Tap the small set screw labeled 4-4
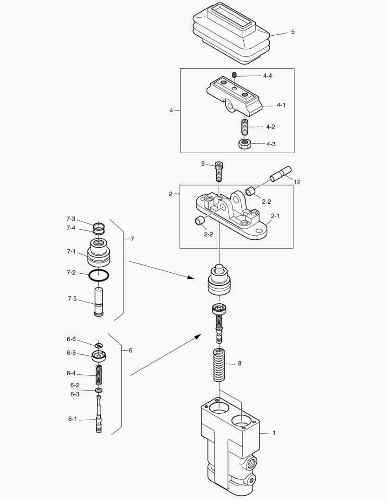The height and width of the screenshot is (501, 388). pos(235,75)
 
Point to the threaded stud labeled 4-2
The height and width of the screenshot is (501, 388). pos(245,126)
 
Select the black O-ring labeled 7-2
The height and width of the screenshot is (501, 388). pos(98,275)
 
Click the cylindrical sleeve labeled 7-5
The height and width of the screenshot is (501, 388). pos(98,302)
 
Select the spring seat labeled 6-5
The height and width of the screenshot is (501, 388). pos(98,356)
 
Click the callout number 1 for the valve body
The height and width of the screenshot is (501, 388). pos(274,433)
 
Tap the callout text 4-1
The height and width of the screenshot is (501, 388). pos(281,105)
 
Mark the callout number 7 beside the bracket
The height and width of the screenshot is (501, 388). pos(132,239)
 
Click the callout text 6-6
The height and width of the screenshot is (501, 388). pos(71,339)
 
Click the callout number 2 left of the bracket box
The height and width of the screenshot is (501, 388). pos(171,194)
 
